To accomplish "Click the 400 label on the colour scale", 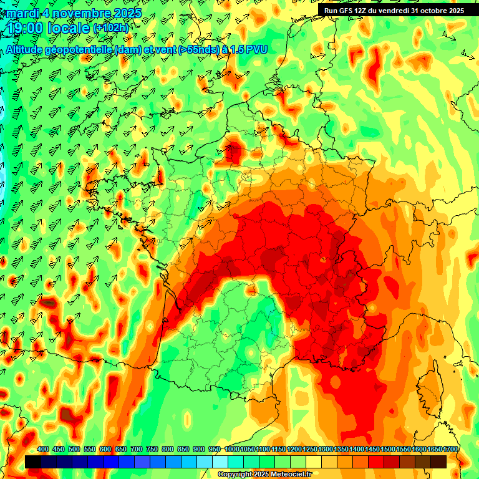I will coord(43,450).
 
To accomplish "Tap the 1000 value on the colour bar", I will coord(232,450).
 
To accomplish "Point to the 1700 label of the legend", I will coord(450,450).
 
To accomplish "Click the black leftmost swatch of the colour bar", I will coord(33,462).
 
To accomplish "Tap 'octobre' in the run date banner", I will coord(437,10).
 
